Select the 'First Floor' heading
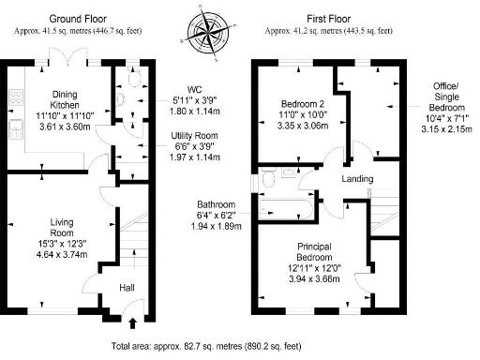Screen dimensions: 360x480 pyautogui.click(x=327, y=18)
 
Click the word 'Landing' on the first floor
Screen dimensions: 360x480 pyautogui.click(x=357, y=179)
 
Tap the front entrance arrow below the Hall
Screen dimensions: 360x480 pyautogui.click(x=131, y=324)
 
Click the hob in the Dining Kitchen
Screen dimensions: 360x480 pyautogui.click(x=16, y=97)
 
